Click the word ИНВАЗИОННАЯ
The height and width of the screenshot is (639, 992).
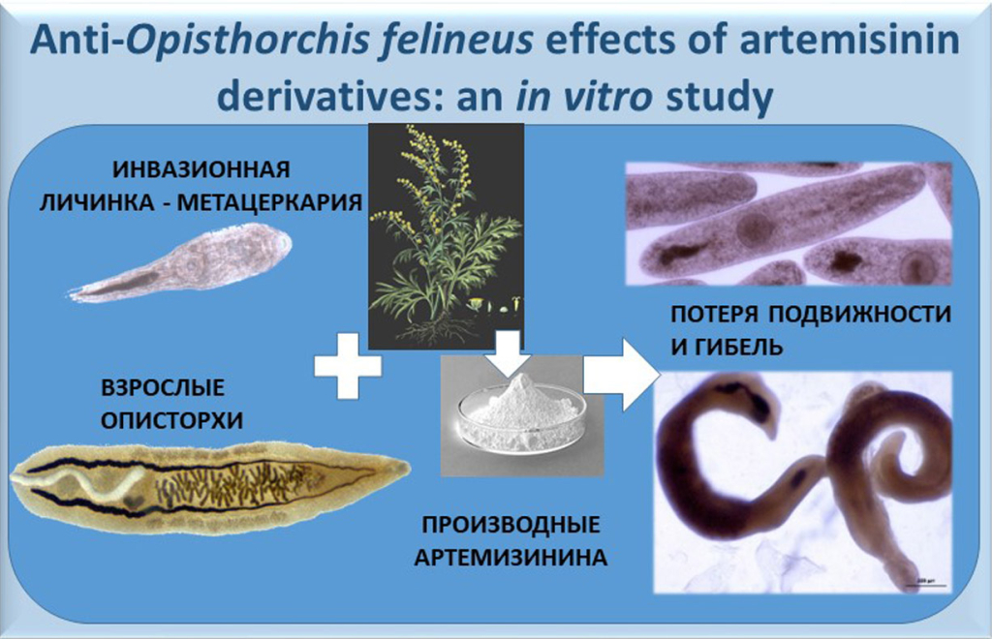[201, 169]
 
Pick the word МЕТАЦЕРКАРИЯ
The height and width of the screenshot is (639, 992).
[269, 202]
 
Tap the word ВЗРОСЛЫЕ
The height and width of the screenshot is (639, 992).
[163, 387]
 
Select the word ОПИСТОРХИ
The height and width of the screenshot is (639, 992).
[171, 420]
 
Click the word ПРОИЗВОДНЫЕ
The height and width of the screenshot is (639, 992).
[511, 525]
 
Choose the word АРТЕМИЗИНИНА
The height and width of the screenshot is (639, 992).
[511, 558]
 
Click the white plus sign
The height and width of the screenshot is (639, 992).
[348, 366]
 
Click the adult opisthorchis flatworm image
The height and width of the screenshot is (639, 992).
[210, 488]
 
